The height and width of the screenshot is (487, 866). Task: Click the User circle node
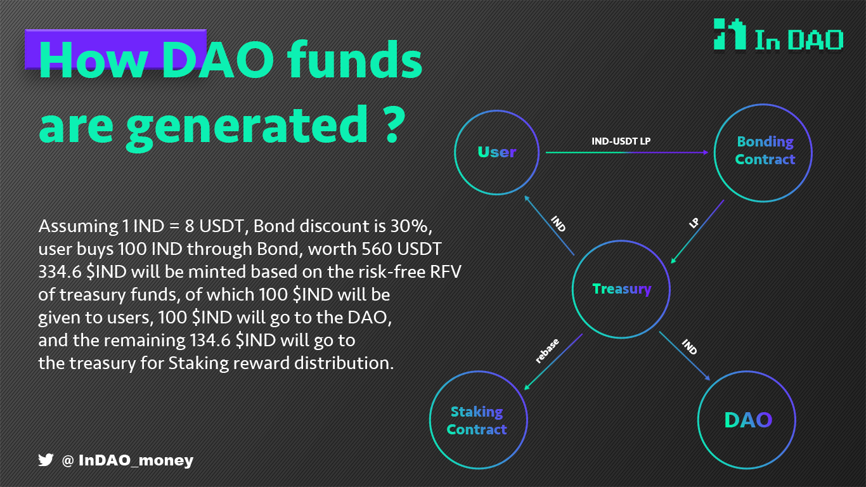coord(497,152)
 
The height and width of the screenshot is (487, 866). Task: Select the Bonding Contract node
coord(763,153)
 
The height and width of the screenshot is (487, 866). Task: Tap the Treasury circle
coord(621,289)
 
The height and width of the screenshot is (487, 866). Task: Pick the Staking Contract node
coord(479,420)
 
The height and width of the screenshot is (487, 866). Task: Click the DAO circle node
coord(747,420)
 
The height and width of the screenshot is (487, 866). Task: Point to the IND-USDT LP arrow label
coord(621,141)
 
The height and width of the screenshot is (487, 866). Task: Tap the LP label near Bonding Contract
coord(694,223)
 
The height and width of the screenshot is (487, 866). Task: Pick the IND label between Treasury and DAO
coord(689,347)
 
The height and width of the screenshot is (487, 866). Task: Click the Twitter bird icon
coord(46,460)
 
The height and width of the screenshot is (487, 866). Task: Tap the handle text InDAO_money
coord(136,460)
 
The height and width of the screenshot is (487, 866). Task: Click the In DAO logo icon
coord(730,34)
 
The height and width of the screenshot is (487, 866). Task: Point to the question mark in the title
coord(395,124)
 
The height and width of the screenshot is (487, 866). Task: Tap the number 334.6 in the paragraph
coord(60,271)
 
